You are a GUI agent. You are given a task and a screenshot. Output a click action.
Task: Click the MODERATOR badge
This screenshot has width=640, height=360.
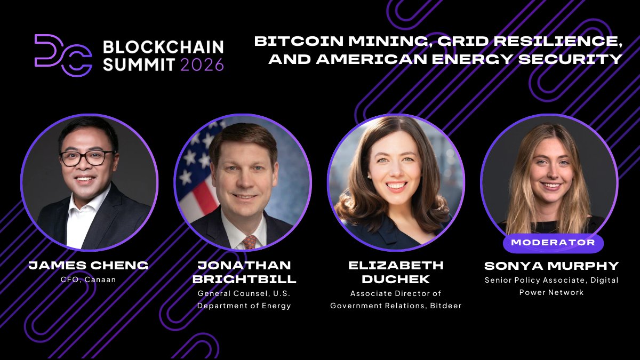click(x=553, y=243)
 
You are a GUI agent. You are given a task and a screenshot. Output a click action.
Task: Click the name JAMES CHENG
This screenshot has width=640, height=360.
click(x=88, y=265)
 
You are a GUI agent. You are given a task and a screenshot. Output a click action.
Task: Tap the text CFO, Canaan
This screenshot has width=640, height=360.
click(x=88, y=279)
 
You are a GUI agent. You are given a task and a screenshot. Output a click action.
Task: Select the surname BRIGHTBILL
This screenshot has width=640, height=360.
click(x=244, y=279)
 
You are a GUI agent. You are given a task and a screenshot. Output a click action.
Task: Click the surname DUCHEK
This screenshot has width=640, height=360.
click(x=396, y=279)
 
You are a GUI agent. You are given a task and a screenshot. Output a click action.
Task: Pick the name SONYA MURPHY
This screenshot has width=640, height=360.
click(x=551, y=266)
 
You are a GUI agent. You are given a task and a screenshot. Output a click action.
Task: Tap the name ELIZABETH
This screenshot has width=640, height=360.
click(x=396, y=266)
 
